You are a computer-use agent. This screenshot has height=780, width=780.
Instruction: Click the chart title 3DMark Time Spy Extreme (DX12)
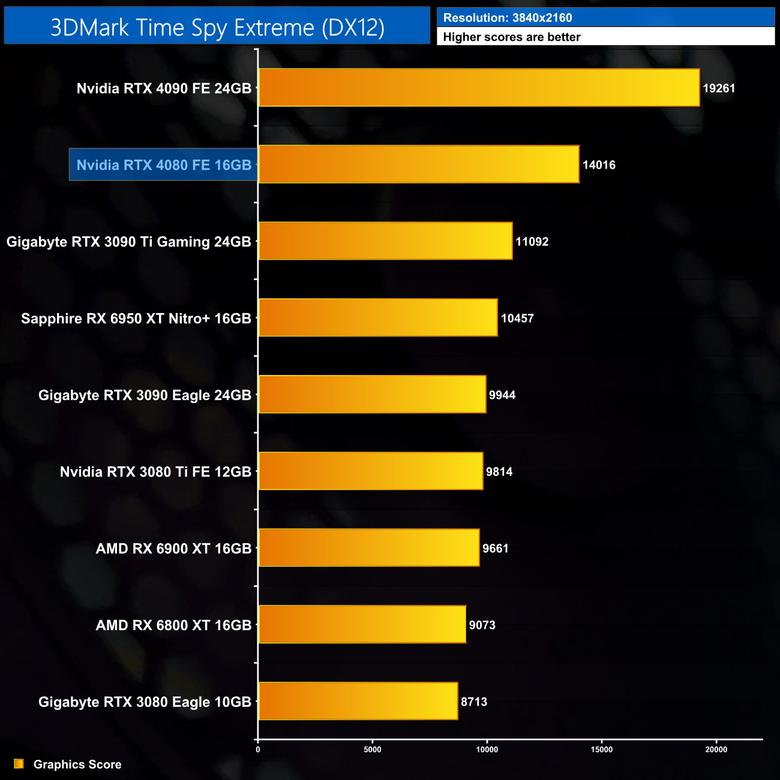coord(217,28)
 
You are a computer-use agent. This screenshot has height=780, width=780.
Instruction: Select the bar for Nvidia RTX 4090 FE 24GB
coord(479,88)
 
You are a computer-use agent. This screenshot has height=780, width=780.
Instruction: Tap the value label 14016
coord(599,165)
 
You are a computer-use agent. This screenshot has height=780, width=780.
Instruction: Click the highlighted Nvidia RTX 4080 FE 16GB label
coord(164,165)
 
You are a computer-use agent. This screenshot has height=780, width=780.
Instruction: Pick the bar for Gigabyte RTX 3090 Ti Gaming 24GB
coord(385,241)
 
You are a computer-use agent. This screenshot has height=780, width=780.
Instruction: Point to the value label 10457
coord(517,319)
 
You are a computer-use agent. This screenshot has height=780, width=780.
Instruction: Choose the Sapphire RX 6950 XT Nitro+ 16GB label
coord(136,319)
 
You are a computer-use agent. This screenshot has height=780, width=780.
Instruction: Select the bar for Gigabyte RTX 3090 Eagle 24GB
coord(372,395)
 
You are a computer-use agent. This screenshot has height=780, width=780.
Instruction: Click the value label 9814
coord(499,472)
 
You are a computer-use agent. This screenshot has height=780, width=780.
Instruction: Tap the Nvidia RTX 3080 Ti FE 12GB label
coord(155,472)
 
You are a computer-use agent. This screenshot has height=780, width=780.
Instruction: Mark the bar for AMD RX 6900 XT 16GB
coord(369,548)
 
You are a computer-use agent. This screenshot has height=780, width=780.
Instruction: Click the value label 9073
coord(482,625)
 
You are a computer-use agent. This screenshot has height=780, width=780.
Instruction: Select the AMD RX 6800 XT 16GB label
coord(173,625)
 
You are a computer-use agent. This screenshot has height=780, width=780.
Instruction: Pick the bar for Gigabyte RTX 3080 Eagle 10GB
coord(358,701)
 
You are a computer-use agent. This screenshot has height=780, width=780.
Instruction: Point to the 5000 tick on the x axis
coord(373,749)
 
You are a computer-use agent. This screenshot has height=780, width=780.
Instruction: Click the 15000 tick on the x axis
coord(602,749)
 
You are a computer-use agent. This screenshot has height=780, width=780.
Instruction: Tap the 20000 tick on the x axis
coord(716,749)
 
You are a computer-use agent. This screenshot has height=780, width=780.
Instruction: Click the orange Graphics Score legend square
coord(19,764)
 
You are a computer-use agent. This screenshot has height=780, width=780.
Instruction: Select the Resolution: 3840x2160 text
coord(508,18)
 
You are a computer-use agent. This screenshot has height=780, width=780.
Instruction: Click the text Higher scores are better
coord(512,37)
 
